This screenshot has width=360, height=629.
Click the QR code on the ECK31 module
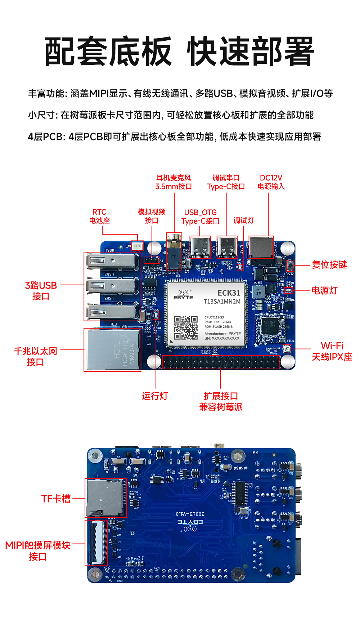186,327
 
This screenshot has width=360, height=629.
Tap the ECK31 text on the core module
229,293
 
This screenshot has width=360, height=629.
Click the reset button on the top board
290,266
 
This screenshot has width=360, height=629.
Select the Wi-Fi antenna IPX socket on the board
287,349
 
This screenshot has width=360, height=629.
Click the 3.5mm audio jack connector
174,251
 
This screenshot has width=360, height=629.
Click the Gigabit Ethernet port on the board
113,349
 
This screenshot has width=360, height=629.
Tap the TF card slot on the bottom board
105,498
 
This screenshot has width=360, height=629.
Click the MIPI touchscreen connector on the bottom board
96,543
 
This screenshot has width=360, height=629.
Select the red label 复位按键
329,265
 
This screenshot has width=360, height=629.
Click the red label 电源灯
324,290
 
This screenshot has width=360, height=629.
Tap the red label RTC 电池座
99,216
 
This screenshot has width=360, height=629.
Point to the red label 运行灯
155,396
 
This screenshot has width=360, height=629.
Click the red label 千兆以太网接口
35,356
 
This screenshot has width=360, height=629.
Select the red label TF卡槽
56,499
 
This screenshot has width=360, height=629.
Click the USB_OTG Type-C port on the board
200,247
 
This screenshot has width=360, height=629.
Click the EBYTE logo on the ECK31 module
183,295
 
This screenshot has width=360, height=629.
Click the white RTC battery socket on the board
137,246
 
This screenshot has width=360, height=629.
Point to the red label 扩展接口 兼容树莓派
221,401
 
